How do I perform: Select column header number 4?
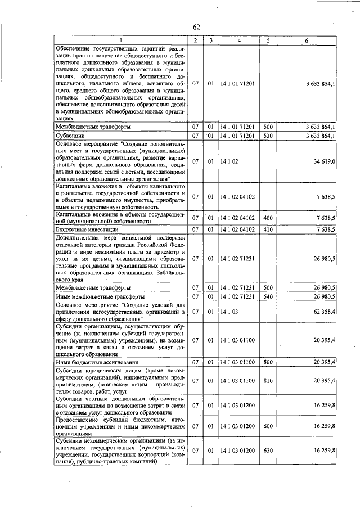(x=238, y=40)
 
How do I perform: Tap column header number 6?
(x=307, y=40)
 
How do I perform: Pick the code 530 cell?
(x=268, y=136)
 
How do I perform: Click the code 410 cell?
(x=268, y=229)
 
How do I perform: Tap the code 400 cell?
(x=268, y=218)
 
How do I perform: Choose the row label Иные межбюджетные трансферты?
(x=92, y=296)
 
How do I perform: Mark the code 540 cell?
(x=268, y=296)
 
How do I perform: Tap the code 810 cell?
(x=268, y=381)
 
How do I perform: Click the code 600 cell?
(x=268, y=427)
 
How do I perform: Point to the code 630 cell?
(x=268, y=451)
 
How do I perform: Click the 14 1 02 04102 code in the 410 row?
(x=238, y=229)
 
